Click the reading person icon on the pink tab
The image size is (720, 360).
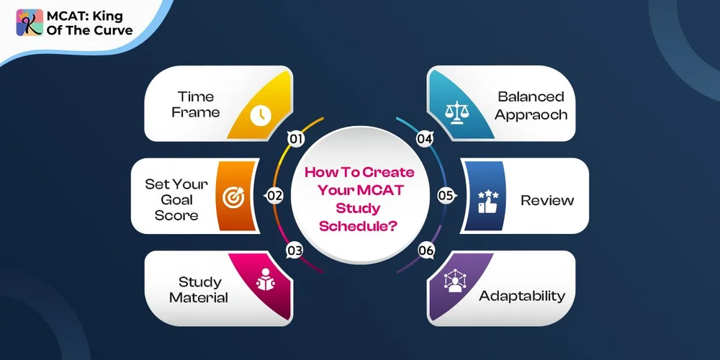click(x=263, y=282)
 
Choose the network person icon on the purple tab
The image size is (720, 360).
click(x=455, y=282)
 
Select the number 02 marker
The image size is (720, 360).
click(x=274, y=195)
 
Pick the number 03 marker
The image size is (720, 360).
click(x=294, y=251)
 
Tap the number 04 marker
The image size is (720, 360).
click(x=426, y=139)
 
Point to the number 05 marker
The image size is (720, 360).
click(x=446, y=195)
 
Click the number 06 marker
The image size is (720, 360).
click(x=426, y=251)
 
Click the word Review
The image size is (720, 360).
click(x=547, y=200)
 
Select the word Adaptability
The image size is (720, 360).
click(x=522, y=296)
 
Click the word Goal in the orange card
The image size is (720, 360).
click(x=177, y=199)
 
